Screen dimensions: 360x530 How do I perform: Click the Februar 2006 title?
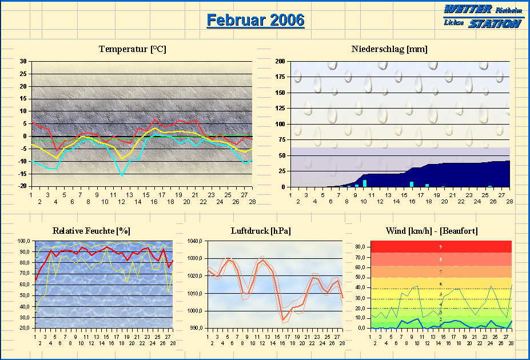[255, 21]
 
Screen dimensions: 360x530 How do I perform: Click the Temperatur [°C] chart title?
[132, 49]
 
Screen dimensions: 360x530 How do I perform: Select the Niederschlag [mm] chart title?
[389, 49]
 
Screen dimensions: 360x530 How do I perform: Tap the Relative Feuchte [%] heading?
[91, 231]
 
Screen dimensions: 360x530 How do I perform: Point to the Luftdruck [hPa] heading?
[260, 231]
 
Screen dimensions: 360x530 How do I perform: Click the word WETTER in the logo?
[468, 10]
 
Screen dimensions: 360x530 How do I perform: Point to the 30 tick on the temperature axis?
[23, 61]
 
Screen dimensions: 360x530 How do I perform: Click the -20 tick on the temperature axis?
[22, 186]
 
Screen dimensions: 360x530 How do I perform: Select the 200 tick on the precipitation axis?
[280, 61]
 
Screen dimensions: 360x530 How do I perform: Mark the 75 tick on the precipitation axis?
[282, 139]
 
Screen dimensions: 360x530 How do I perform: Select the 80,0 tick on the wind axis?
[360, 246]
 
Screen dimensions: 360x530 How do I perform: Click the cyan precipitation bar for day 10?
[365, 183]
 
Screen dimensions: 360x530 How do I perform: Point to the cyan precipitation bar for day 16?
[412, 184]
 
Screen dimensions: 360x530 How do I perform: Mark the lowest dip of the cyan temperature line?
[121, 175]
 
